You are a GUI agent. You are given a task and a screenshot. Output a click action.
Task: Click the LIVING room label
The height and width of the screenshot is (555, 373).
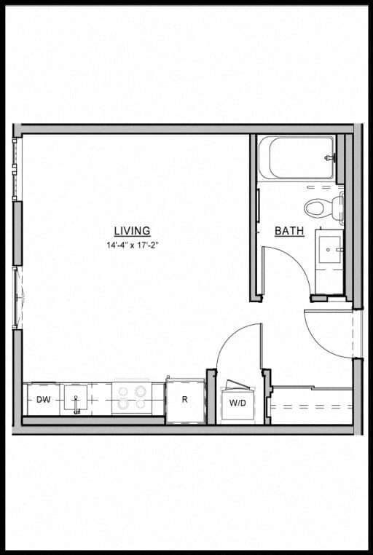click(x=132, y=232)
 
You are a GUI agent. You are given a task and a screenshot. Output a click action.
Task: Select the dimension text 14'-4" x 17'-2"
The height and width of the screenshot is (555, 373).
click(x=132, y=245)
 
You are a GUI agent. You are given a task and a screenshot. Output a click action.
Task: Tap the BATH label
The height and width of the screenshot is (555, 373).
click(x=289, y=232)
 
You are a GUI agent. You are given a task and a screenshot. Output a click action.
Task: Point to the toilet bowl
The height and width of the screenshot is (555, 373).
click(x=317, y=208)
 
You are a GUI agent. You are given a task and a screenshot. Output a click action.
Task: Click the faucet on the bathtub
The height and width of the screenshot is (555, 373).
click(x=331, y=158)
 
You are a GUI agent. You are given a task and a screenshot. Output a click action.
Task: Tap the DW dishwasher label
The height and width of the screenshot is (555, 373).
click(x=44, y=399)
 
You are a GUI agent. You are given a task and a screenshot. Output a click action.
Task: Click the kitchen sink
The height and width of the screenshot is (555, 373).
click(x=76, y=398)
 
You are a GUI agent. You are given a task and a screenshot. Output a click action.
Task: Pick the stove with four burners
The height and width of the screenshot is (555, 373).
click(x=131, y=398)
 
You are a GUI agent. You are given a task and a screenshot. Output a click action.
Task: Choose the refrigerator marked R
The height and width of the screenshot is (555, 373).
click(x=185, y=400)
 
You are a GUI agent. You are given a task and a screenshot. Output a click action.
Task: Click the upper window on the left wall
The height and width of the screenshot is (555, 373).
click(x=16, y=169)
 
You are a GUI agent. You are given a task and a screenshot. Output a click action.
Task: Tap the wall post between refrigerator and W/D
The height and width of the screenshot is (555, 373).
click(x=211, y=395)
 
